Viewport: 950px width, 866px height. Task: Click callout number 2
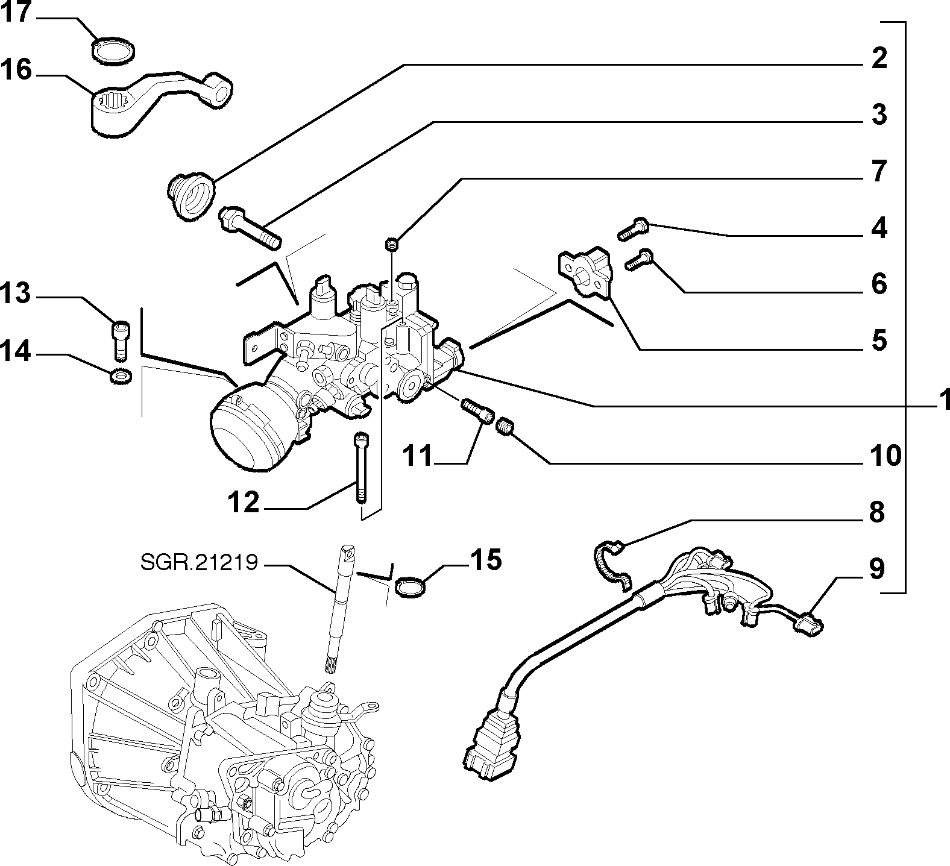(x=879, y=58)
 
